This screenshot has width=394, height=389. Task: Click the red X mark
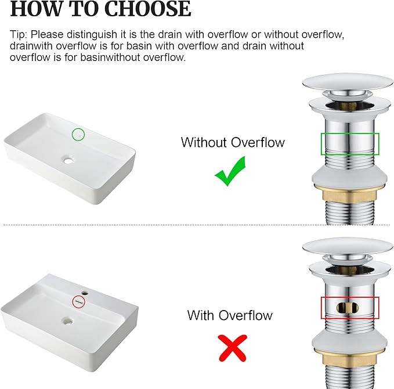pos(233,348)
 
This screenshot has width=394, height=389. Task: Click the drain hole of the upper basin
pos(68,160)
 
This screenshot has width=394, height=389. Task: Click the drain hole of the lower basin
pos(68,320)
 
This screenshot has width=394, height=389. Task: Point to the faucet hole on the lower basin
pos(85,293)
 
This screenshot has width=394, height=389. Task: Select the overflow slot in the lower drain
pos(348,308)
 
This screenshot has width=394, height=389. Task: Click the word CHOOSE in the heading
pos(147,9)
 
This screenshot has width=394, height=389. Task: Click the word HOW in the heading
pos(35,9)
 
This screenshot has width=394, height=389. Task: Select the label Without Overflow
pos(233,142)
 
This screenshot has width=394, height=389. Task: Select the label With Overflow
pos(230,315)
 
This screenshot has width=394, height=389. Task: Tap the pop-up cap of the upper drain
pos(348,82)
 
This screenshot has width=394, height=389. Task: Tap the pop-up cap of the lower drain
pos(348,247)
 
